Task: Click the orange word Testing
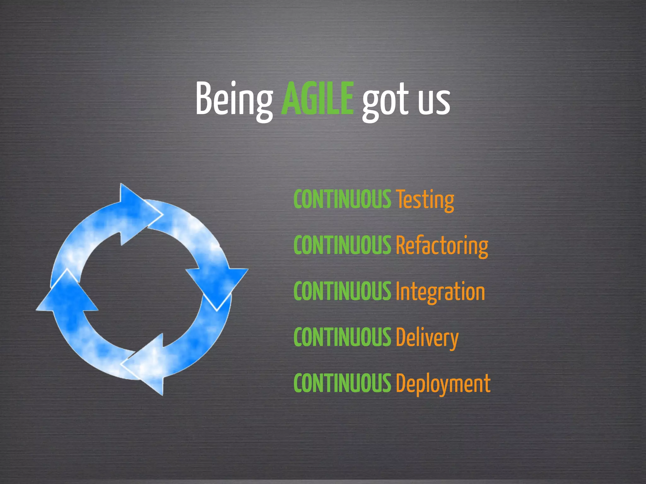pos(425,199)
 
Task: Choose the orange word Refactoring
pos(442,245)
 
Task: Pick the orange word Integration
pos(440,291)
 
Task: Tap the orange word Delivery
pos(427,337)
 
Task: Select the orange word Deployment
pos(443,383)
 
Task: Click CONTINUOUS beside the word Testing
pos(342,199)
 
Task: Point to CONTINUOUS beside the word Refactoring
pos(342,245)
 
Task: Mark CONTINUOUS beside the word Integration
pos(342,291)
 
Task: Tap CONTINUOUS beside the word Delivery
pos(342,337)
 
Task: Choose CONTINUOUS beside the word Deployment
pos(342,383)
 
